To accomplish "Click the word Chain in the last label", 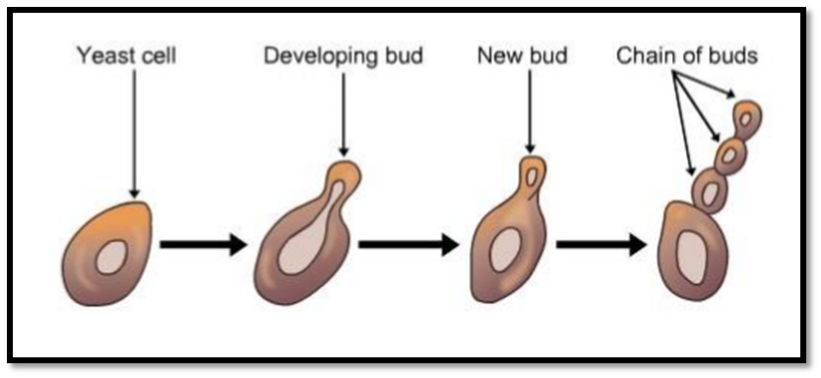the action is point(642,55).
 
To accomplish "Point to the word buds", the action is point(733,55).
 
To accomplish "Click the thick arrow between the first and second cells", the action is point(203,244).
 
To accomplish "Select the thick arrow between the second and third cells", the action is point(409,244).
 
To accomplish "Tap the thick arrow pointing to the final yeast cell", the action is point(601,244).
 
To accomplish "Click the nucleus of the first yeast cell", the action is point(111,257).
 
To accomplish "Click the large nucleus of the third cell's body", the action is point(505,250).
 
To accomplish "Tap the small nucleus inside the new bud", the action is point(532,177).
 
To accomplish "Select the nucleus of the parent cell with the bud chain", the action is point(692,258).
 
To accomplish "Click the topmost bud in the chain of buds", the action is point(747,119).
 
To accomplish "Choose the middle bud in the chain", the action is point(731,156).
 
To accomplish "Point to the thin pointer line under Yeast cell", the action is point(135,134).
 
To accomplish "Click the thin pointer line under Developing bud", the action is point(344,114).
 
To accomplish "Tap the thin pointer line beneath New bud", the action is point(530,111).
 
